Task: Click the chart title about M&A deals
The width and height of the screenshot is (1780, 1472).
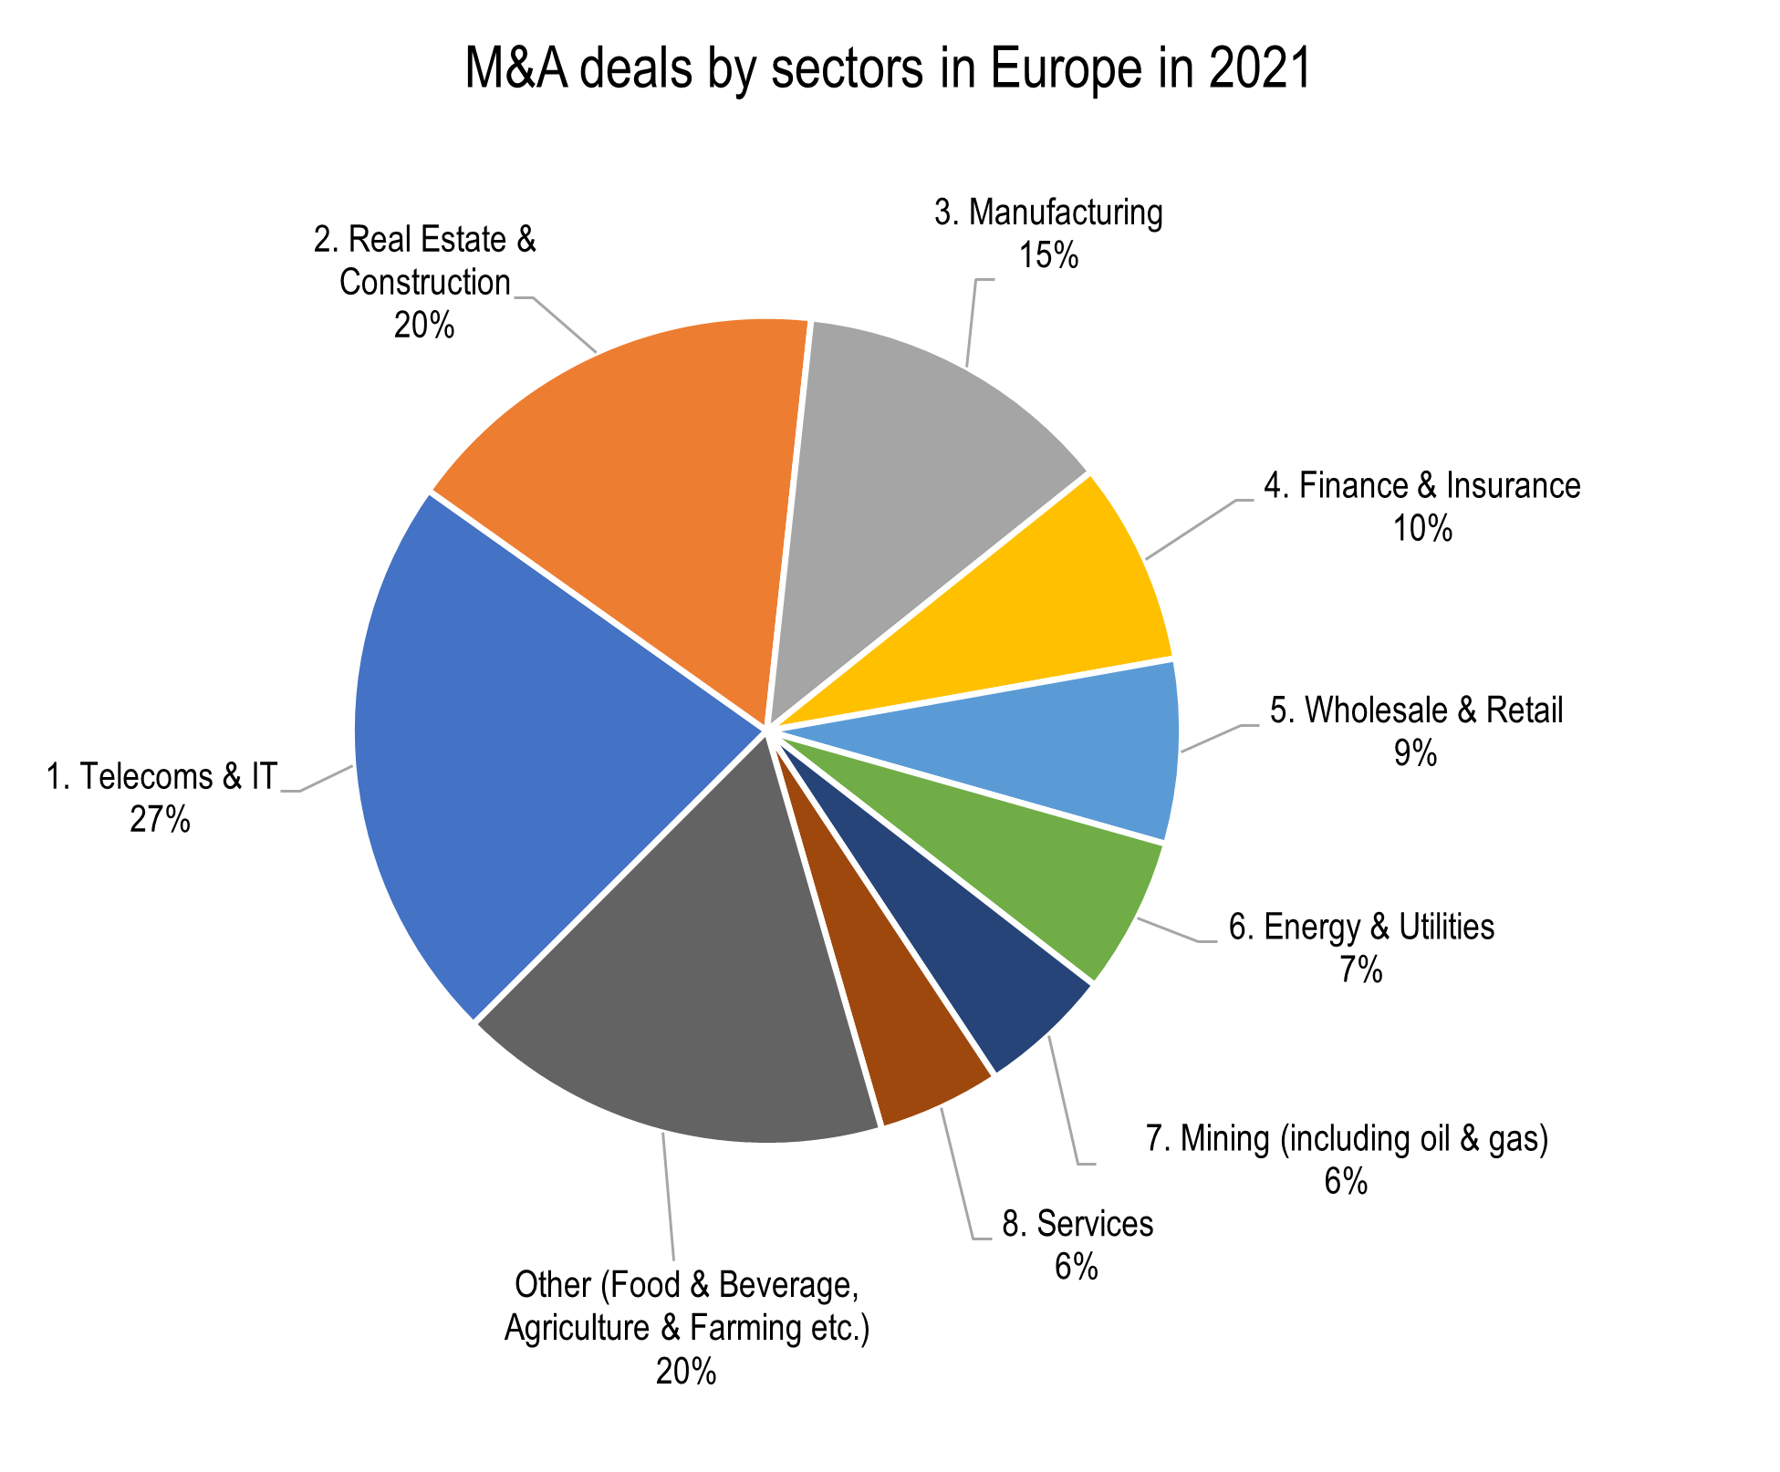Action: tap(888, 69)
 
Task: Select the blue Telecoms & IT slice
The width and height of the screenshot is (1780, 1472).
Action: tap(511, 748)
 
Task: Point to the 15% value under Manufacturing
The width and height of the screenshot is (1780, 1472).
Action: tap(1048, 256)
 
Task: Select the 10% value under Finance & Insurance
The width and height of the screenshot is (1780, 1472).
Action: tap(1421, 529)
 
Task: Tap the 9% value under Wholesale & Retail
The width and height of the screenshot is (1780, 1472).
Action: tap(1415, 753)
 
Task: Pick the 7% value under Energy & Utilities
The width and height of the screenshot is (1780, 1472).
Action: tap(1360, 970)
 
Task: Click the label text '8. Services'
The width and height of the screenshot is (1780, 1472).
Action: tap(1077, 1224)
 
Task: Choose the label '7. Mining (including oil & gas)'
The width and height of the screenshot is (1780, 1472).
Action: tap(1347, 1139)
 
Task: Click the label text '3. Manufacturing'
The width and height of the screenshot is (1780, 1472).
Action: tap(1048, 213)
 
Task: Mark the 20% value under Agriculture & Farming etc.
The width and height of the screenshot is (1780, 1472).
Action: tap(686, 1371)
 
